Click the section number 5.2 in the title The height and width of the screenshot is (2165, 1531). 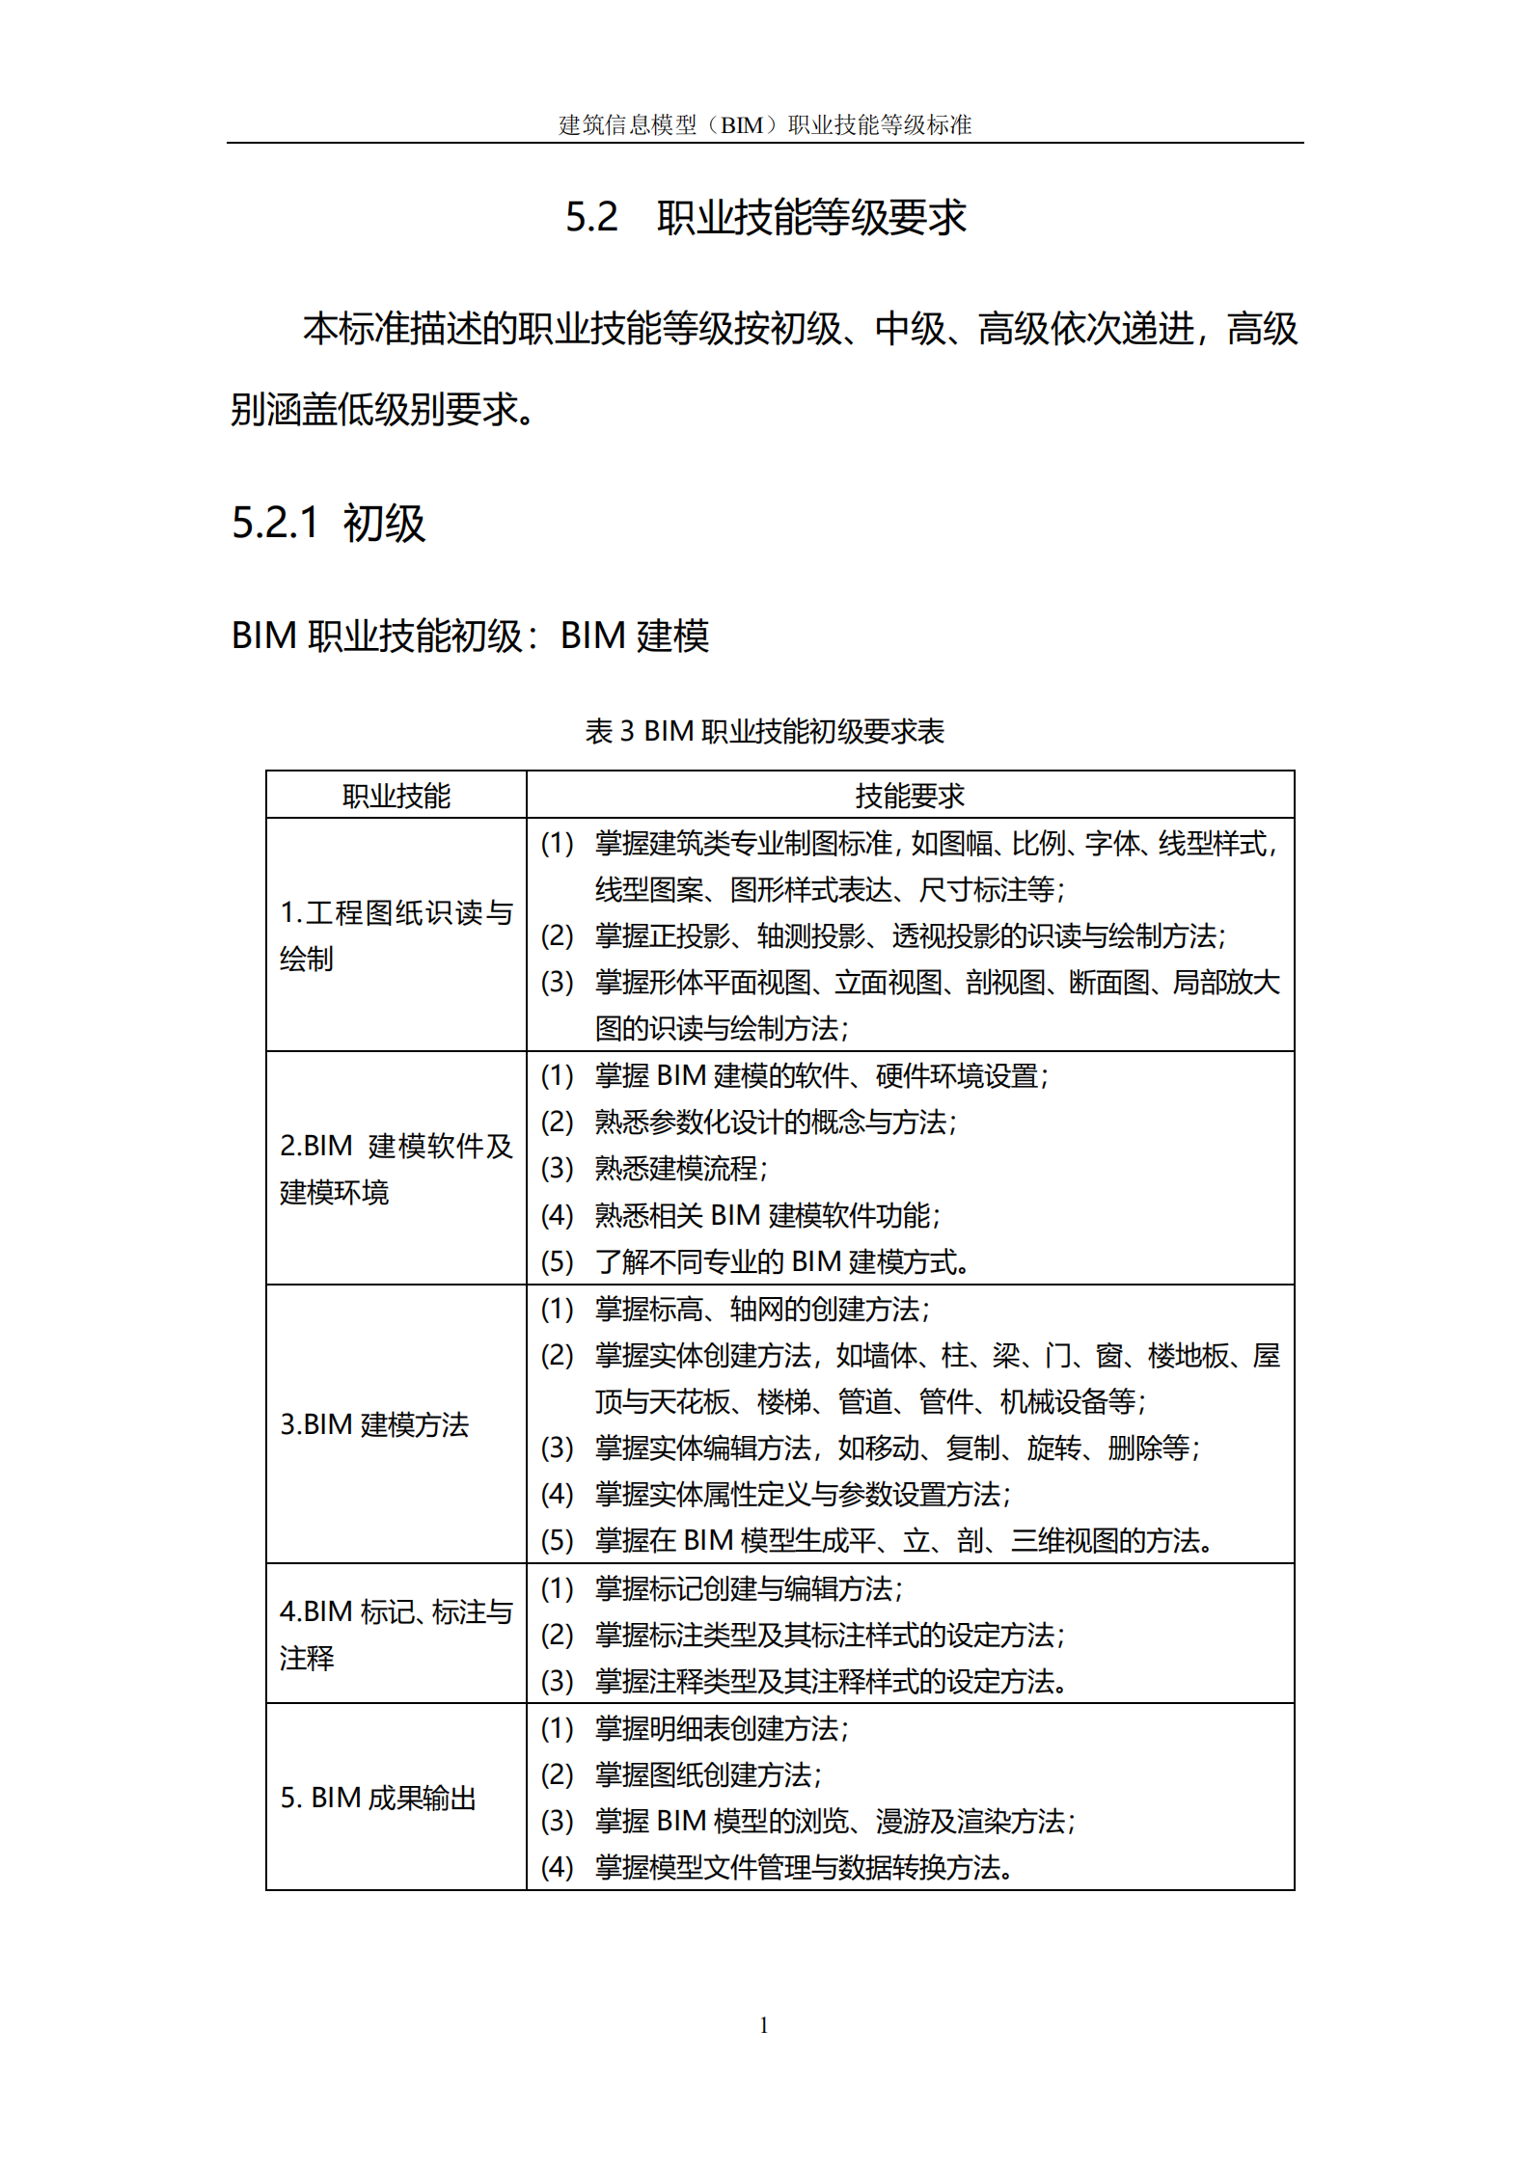click(x=590, y=217)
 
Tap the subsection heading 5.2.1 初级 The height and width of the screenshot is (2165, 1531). click(x=328, y=524)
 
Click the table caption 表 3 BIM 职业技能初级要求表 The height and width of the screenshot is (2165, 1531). click(x=764, y=731)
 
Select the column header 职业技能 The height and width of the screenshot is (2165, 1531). click(x=396, y=796)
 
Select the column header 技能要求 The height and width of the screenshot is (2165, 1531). click(x=910, y=796)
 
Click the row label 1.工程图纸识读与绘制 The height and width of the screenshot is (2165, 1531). click(x=396, y=934)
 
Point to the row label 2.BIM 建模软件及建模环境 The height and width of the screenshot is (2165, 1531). click(x=396, y=1168)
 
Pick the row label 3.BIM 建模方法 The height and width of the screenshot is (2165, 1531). click(x=374, y=1423)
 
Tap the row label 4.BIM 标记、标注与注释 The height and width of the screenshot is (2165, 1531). click(x=396, y=1634)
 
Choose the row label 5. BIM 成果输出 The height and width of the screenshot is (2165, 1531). click(x=378, y=1797)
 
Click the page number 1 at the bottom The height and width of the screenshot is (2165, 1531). click(x=764, y=2024)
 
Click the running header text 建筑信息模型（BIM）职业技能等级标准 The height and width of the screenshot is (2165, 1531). click(x=765, y=125)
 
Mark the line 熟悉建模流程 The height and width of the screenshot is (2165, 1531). click(x=680, y=1169)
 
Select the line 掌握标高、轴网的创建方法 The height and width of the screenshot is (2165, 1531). click(x=761, y=1309)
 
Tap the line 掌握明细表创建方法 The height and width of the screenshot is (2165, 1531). click(x=721, y=1728)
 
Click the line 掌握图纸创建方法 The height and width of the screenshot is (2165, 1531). click(x=707, y=1774)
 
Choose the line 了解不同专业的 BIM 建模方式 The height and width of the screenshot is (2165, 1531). click(x=781, y=1261)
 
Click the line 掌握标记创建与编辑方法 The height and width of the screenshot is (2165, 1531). click(x=748, y=1588)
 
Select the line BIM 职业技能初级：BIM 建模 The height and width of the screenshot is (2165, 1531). click(x=470, y=636)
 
